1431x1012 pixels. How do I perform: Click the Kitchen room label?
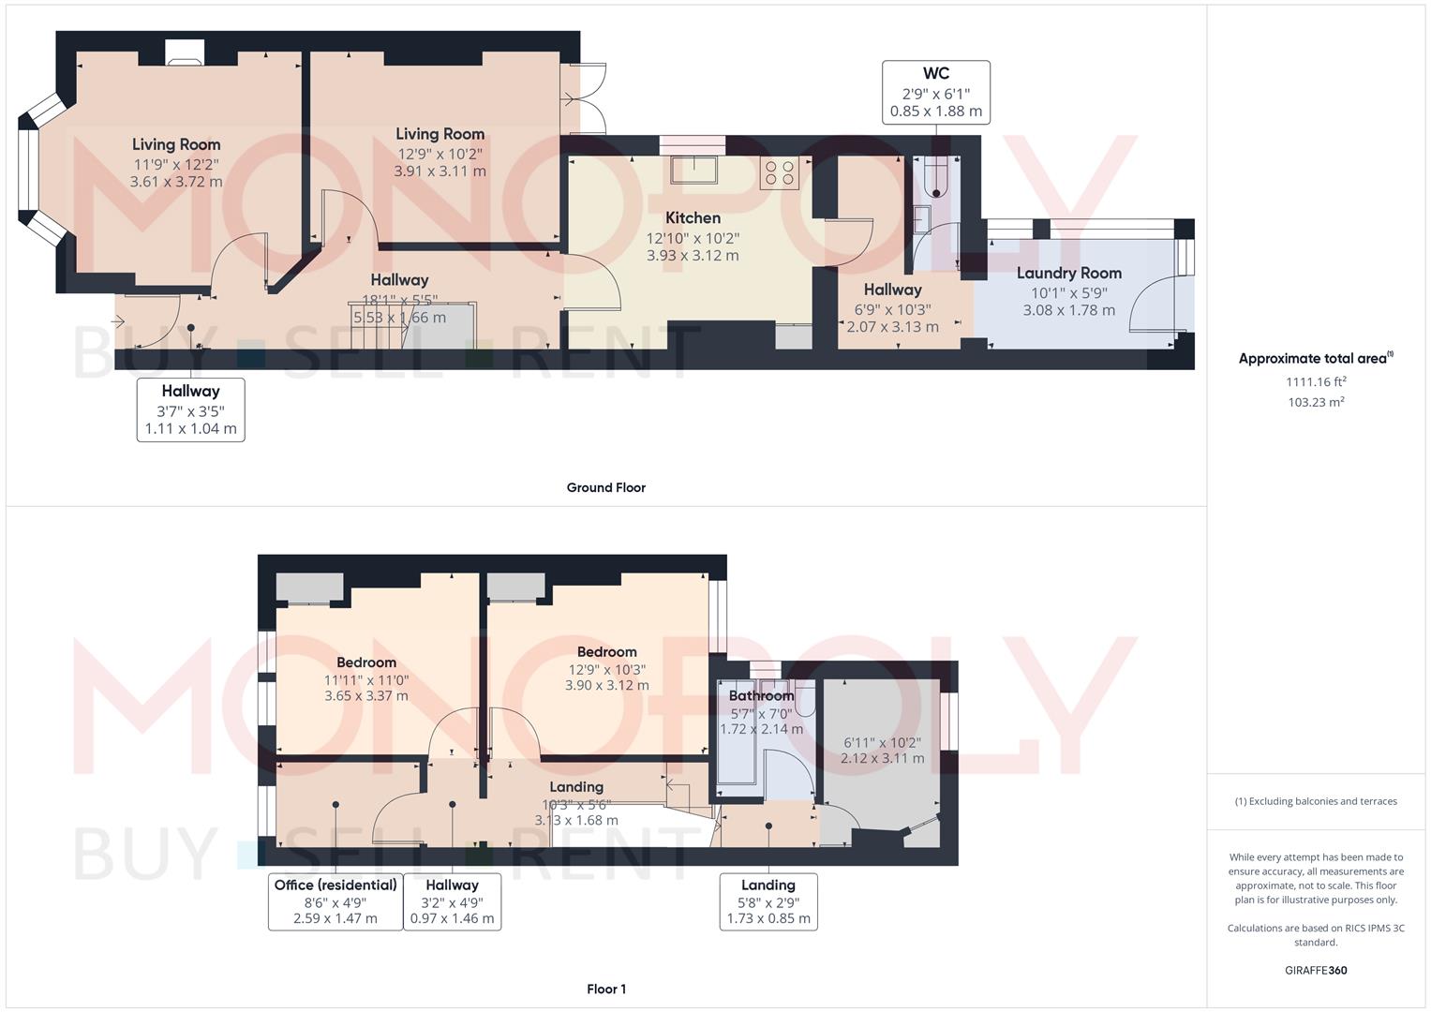pyautogui.click(x=693, y=217)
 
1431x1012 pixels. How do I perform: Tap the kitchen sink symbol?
pyautogui.click(x=693, y=171)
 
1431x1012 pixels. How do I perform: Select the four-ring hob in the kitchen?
pyautogui.click(x=780, y=173)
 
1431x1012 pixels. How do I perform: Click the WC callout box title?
pyautogui.click(x=935, y=74)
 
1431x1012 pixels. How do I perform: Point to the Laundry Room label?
pyautogui.click(x=1068, y=273)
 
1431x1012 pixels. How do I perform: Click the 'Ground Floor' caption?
pyautogui.click(x=605, y=487)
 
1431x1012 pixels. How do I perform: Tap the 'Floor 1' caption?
pyautogui.click(x=605, y=989)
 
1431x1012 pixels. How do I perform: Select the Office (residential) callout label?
pyautogui.click(x=335, y=885)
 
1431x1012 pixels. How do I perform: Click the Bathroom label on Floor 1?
pyautogui.click(x=761, y=695)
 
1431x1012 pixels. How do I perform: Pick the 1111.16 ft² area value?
pyautogui.click(x=1316, y=381)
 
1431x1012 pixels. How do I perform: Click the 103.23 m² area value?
pyautogui.click(x=1316, y=402)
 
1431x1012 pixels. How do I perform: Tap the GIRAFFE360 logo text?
pyautogui.click(x=1316, y=970)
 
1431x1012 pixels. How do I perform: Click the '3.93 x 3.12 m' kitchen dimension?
pyautogui.click(x=693, y=255)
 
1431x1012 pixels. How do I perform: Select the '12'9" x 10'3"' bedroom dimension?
pyautogui.click(x=606, y=669)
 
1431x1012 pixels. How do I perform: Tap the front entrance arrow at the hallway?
pyautogui.click(x=118, y=322)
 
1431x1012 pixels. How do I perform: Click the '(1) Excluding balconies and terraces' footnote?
pyautogui.click(x=1316, y=801)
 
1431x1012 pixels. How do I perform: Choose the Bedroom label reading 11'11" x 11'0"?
pyautogui.click(x=366, y=662)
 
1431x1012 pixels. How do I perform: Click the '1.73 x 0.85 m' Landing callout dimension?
pyautogui.click(x=768, y=918)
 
